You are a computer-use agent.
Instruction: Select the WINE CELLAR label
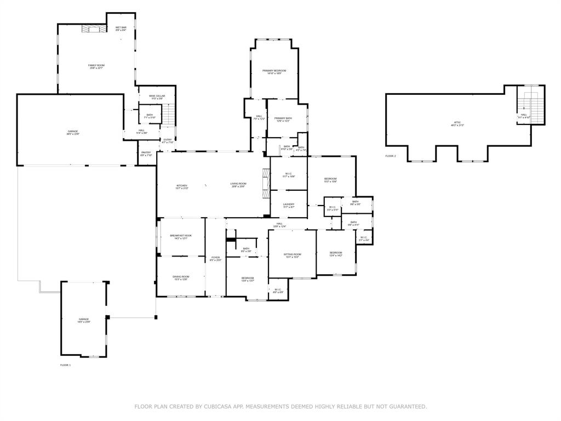click(x=157, y=97)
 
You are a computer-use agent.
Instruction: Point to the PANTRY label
click(x=146, y=153)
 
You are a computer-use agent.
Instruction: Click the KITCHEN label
click(x=182, y=185)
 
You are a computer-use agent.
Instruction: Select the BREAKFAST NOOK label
click(x=180, y=236)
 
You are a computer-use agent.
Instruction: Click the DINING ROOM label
click(x=181, y=277)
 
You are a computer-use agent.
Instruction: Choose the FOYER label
click(x=215, y=258)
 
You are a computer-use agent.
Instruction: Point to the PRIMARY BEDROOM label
click(x=274, y=71)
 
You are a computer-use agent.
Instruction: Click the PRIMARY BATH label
click(x=283, y=119)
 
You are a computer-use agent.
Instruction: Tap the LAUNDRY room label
click(x=289, y=205)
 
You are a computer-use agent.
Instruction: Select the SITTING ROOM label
click(x=292, y=255)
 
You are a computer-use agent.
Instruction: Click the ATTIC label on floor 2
click(x=457, y=123)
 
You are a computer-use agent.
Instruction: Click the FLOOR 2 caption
click(x=390, y=156)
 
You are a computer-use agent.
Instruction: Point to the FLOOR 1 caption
click(x=65, y=365)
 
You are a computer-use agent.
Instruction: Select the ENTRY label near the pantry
click(x=168, y=140)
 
